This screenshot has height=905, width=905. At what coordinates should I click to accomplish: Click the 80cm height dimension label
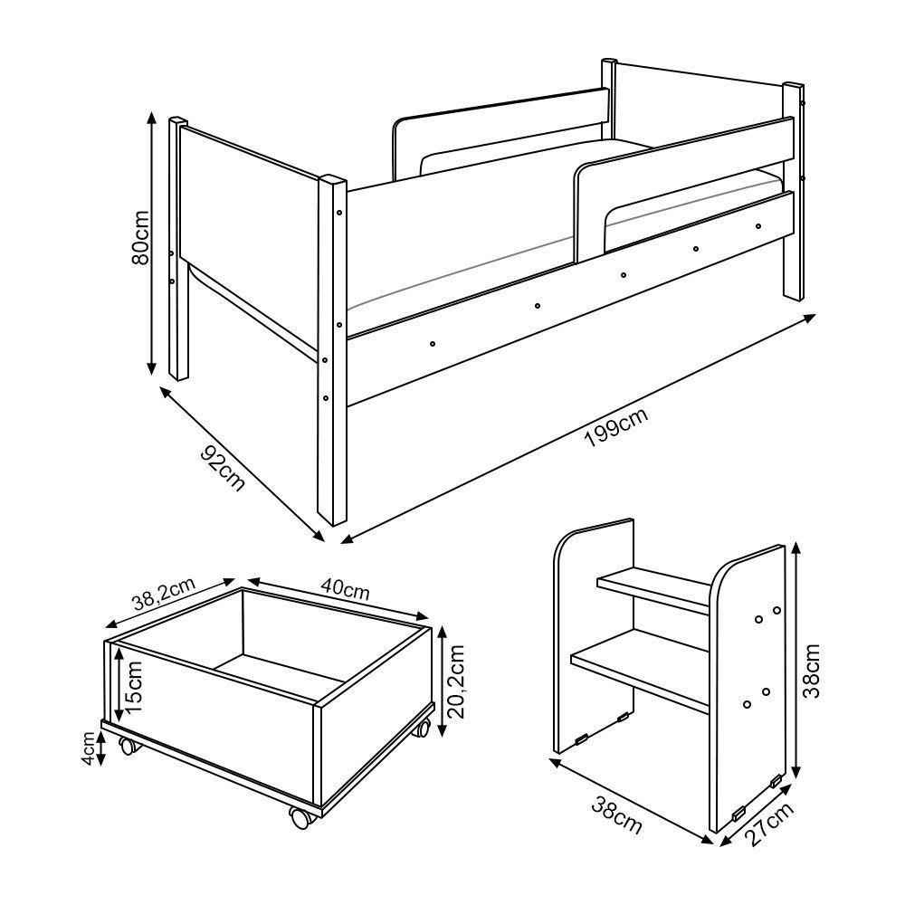pyautogui.click(x=140, y=240)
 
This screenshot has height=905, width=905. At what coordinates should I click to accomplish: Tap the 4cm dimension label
pyautogui.click(x=88, y=748)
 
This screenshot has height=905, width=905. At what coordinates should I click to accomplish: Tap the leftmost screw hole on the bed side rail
pyautogui.click(x=433, y=344)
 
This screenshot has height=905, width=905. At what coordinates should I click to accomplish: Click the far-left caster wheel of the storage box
pyautogui.click(x=127, y=747)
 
